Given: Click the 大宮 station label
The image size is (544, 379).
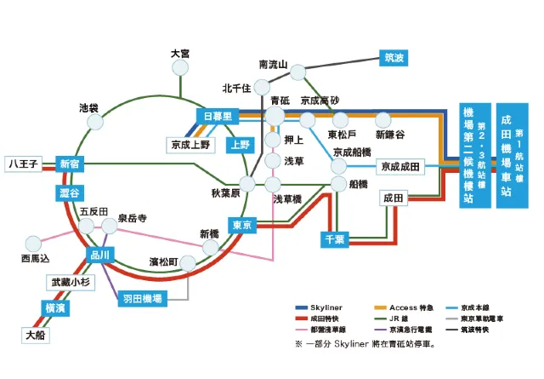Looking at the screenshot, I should pyautogui.click(x=179, y=54).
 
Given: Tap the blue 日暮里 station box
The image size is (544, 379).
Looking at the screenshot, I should pyautogui.click(x=218, y=115).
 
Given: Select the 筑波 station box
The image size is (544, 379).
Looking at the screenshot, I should pyautogui.click(x=394, y=59).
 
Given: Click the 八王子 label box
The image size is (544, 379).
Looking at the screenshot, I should pyautogui.click(x=23, y=163).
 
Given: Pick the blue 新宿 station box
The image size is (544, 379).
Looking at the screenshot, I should pyautogui.click(x=69, y=164).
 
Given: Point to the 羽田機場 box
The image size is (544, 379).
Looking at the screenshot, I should pyautogui.click(x=141, y=299).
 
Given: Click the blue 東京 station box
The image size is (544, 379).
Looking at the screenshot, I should pyautogui.click(x=241, y=226).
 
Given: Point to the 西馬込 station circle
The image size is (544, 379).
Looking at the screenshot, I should pyautogui.click(x=34, y=242).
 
